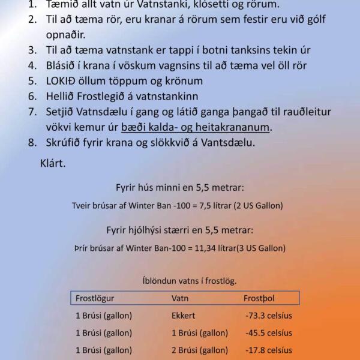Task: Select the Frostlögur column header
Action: point(95,298)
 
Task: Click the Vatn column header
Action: point(180,298)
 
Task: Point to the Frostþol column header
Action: point(259,298)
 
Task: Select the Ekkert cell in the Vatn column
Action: point(184,315)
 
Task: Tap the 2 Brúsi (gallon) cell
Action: point(200,350)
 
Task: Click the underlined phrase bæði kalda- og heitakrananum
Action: point(196,127)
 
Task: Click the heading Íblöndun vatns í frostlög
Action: point(189,280)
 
